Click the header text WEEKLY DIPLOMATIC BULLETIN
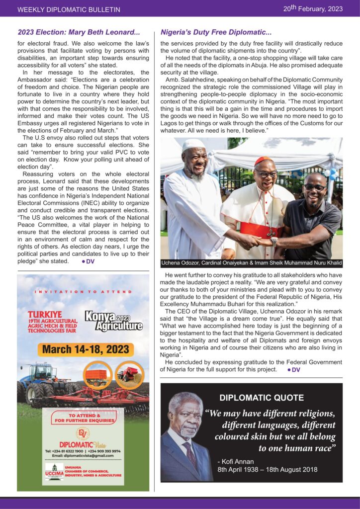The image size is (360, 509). (69, 9)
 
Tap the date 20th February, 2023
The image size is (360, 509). (313, 8)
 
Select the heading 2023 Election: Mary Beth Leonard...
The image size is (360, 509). (79, 32)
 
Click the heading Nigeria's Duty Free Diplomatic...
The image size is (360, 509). (216, 32)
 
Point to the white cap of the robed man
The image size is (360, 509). (193, 145)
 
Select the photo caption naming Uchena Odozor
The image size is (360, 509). (251, 263)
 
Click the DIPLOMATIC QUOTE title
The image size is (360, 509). (262, 398)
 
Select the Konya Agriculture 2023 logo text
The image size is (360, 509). (113, 322)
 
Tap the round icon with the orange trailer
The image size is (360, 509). (97, 374)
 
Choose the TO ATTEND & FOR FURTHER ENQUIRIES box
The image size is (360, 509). (85, 418)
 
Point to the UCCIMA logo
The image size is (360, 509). (54, 472)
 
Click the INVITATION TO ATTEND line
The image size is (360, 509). (83, 292)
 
